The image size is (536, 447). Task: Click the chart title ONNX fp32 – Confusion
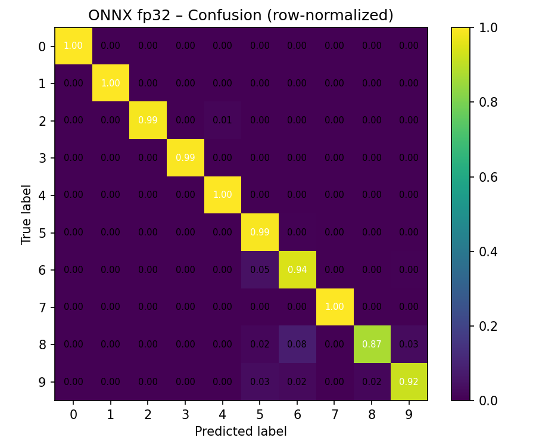coord(241,15)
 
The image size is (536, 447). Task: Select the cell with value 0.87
coord(372,344)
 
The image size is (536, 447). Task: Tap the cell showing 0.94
coord(297,270)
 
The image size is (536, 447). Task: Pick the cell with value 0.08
coord(297,344)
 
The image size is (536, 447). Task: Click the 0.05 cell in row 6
coord(260,270)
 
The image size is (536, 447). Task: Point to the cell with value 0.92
coord(409,382)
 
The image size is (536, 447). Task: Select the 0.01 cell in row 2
coord(222,120)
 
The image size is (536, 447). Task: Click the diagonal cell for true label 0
coord(73,46)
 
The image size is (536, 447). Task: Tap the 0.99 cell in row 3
coord(185,158)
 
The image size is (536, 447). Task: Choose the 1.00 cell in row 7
coord(334,307)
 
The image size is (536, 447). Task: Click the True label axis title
coord(26,214)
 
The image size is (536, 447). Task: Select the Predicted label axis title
coord(241,432)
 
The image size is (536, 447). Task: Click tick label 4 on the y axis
coord(42,195)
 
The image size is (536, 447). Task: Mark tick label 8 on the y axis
coord(42,344)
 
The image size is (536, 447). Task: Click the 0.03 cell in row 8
coord(409,344)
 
